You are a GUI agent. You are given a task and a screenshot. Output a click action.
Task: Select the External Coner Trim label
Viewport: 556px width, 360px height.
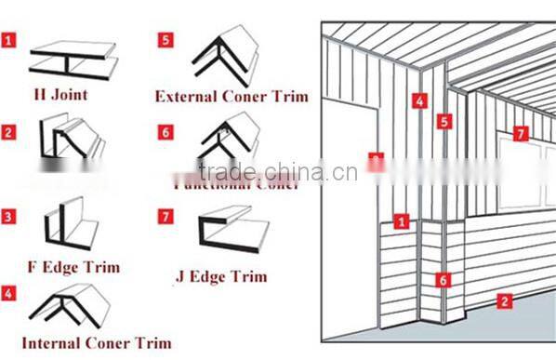coord(231,96)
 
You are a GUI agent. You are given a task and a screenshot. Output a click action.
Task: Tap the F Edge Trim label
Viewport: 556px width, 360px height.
coord(73,268)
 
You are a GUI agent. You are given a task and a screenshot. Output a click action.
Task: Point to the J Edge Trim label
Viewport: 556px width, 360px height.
coord(221,276)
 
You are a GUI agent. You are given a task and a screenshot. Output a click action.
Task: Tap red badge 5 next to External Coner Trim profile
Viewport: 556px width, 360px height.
coord(165,40)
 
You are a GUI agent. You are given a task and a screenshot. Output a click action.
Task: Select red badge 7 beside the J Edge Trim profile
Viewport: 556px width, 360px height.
coord(165,217)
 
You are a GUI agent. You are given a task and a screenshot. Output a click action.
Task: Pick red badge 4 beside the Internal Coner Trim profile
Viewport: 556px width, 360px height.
coord(8,294)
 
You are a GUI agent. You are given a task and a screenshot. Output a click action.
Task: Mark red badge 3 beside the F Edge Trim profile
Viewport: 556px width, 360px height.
coord(8,217)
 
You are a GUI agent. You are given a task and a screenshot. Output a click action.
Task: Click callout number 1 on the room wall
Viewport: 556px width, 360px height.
coord(402,221)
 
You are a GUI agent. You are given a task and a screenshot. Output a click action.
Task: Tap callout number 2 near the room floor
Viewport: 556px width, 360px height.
coord(504,300)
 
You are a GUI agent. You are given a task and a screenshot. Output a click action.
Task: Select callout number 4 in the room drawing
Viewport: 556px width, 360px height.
coord(420,100)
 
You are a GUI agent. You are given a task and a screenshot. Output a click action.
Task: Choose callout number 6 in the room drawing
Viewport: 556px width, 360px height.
coord(443,279)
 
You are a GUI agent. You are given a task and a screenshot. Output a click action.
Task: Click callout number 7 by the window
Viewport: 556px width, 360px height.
coord(521,134)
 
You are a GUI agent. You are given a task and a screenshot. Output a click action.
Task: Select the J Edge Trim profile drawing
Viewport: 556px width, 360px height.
coord(232,235)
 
